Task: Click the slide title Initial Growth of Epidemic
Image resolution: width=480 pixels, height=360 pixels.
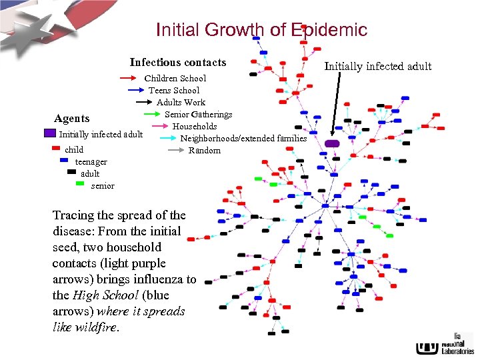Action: (x=261, y=30)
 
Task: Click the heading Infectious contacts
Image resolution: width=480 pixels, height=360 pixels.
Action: (x=178, y=62)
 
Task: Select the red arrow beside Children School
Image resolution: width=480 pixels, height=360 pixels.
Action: (x=131, y=79)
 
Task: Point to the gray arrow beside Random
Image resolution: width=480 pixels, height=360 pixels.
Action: (x=175, y=150)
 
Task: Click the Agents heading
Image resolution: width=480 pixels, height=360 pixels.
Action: (x=71, y=119)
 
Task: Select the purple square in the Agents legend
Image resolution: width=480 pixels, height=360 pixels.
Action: (x=50, y=133)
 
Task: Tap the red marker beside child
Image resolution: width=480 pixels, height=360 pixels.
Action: (x=57, y=149)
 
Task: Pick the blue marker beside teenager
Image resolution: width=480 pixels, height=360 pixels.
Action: (x=65, y=161)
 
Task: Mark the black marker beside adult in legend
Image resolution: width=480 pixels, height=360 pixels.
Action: (x=72, y=172)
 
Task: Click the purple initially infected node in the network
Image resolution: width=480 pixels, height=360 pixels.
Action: (x=332, y=143)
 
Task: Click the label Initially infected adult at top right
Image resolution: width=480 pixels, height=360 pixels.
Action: (x=378, y=66)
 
